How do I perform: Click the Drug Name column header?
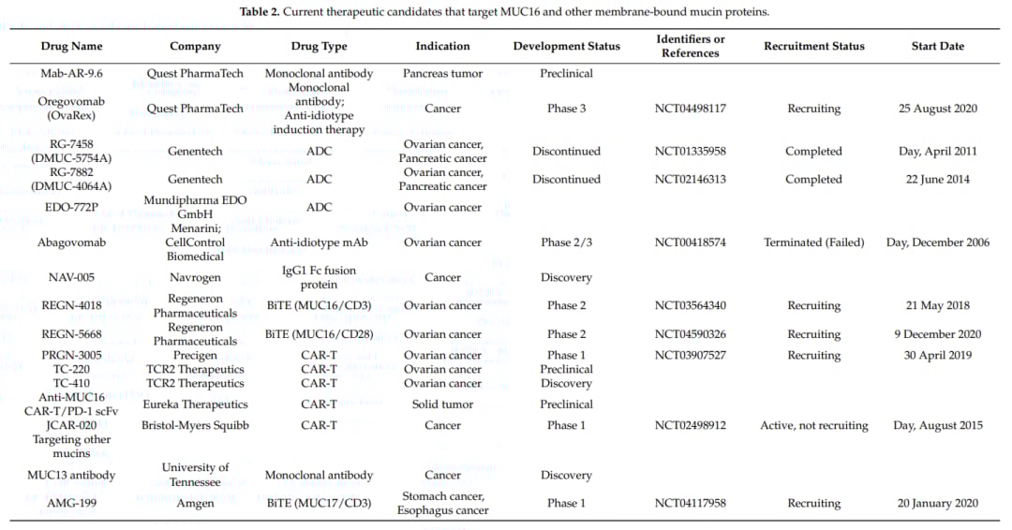pos(71,46)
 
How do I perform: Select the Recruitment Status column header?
pos(813,46)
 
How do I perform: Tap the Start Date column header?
pos(937,46)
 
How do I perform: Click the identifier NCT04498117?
pos(690,109)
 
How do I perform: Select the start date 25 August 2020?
pos(937,109)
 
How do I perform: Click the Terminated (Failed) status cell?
pos(813,243)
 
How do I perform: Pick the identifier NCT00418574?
pos(690,243)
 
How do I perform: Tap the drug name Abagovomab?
pos(71,243)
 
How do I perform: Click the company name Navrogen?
pos(195,277)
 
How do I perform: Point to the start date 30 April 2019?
pos(937,355)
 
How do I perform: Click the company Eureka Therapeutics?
pos(195,405)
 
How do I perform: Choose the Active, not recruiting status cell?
pos(813,425)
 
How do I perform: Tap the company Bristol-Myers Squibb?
pos(195,425)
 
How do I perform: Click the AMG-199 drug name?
pos(71,503)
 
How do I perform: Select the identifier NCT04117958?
pos(690,503)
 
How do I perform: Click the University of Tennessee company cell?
pos(195,475)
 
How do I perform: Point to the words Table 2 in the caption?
pos(262,11)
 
